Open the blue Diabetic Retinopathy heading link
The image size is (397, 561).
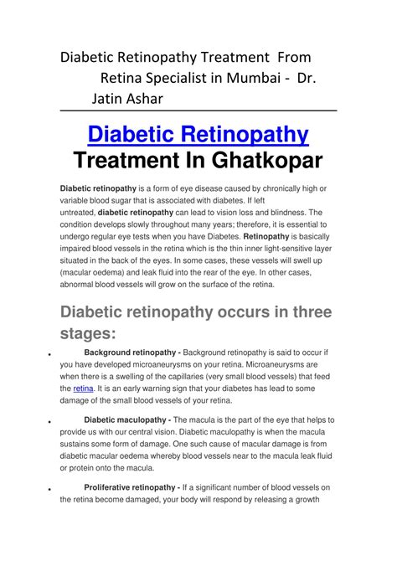coord(198,133)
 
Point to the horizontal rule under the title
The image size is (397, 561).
coord(198,111)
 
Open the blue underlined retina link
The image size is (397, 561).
coord(83,389)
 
